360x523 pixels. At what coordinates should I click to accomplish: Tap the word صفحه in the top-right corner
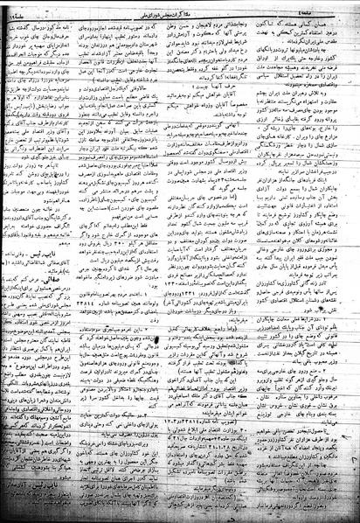pos(339,13)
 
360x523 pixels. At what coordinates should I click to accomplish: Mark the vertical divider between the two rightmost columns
pos(266,262)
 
